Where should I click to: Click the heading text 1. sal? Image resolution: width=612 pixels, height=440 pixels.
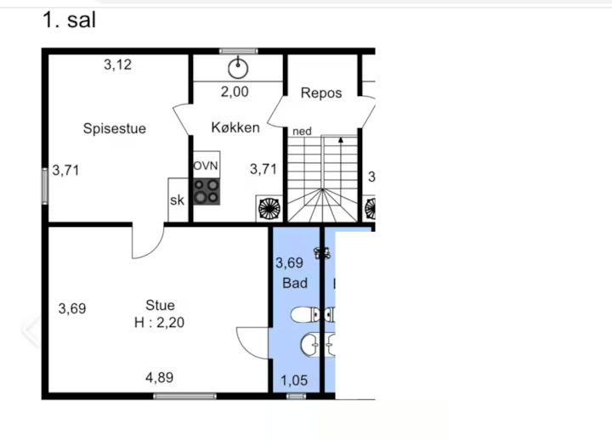[69, 20]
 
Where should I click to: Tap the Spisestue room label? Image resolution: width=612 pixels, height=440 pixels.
[115, 128]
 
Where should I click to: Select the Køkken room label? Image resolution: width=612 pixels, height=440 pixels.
[235, 127]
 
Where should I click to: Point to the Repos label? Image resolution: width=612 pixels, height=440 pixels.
[321, 93]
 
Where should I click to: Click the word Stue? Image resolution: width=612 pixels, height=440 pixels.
[160, 305]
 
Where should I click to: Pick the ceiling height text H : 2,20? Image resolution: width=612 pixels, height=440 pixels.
[159, 323]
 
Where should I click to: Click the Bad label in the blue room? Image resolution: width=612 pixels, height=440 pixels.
[295, 283]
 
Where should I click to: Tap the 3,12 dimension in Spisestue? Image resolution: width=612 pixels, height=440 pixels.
[117, 65]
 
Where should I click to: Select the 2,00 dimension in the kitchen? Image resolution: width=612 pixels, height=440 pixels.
[235, 92]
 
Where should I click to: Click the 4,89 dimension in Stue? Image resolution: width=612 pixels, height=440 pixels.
[159, 378]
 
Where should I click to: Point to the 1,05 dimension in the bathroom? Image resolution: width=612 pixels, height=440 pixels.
[294, 381]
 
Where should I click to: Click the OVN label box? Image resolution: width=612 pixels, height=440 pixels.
[206, 166]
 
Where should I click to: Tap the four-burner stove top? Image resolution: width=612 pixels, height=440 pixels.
[207, 191]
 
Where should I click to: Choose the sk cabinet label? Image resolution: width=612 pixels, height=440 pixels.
[177, 200]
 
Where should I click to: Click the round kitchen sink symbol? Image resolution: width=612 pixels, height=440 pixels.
[238, 69]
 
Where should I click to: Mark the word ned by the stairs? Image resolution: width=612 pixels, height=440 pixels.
[302, 131]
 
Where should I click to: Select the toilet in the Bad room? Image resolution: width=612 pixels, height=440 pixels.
[305, 315]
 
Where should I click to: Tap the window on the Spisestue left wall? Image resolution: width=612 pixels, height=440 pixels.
[45, 186]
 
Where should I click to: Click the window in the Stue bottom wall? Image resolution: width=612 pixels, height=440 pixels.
[184, 397]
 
